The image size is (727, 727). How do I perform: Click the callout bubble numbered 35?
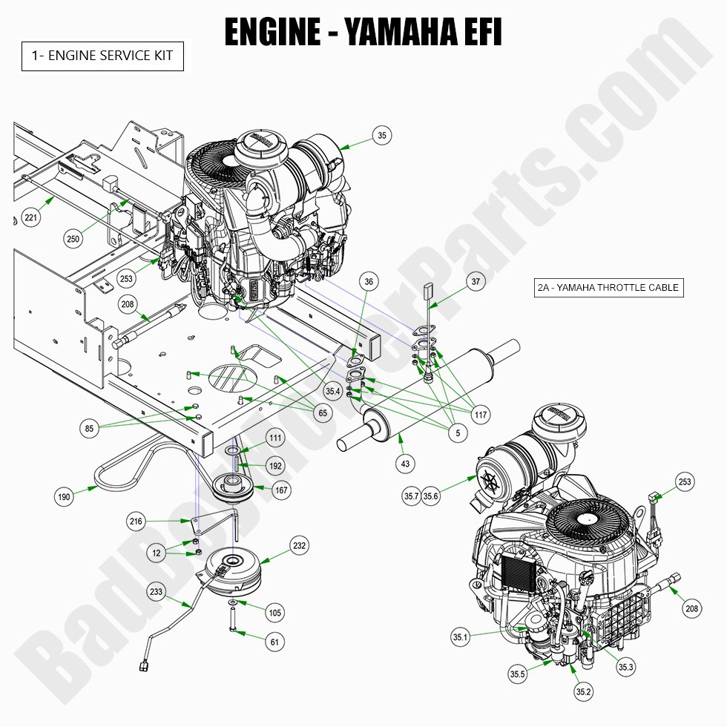click(x=382, y=136)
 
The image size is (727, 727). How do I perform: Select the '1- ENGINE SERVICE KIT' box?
click(x=102, y=56)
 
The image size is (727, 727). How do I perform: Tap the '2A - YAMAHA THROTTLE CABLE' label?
click(x=608, y=288)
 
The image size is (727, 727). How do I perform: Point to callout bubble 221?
click(x=30, y=218)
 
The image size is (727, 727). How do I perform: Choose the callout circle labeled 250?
click(x=73, y=239)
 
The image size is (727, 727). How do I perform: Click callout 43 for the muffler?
click(x=405, y=464)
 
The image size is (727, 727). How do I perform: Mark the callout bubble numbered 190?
click(x=65, y=497)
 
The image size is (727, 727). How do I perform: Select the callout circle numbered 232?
click(x=299, y=546)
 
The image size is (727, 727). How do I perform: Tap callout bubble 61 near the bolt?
click(x=274, y=642)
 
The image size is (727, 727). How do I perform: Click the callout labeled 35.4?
click(x=333, y=391)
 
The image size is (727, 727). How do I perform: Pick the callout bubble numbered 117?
click(x=481, y=415)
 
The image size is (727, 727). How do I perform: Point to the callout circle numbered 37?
click(x=476, y=281)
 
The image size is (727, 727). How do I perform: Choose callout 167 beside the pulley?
click(x=281, y=490)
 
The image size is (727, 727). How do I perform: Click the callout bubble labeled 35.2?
click(x=583, y=691)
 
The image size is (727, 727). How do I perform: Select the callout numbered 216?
click(x=136, y=522)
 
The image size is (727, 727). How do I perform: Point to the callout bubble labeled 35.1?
click(x=460, y=636)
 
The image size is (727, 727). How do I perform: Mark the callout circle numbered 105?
click(x=275, y=612)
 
